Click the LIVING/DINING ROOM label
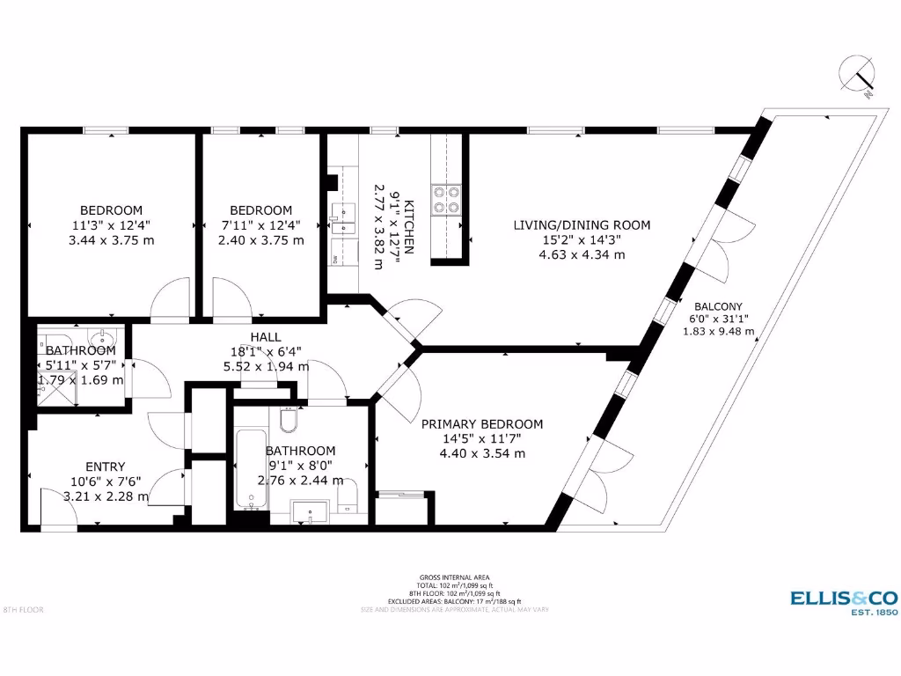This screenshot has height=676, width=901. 582,225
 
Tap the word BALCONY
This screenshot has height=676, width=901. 718,306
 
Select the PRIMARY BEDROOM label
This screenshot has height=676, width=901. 482,423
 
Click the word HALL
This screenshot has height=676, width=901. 265,337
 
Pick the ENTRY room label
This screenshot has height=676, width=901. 105,467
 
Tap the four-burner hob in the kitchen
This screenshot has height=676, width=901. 445,201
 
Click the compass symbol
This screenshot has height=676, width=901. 857,75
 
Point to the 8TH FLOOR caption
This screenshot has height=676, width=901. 23,609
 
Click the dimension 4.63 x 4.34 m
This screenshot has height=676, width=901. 582,255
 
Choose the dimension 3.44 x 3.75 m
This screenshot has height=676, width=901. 111,240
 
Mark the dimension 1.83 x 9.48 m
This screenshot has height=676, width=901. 718,332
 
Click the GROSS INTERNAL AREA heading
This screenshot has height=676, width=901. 450,577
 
